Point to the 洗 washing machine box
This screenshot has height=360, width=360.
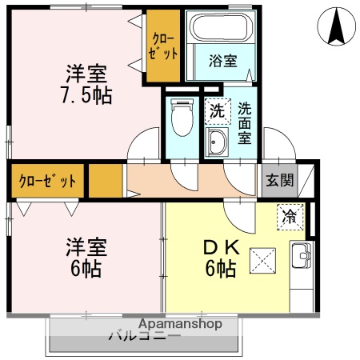[x=217, y=111]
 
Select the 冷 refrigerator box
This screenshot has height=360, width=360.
[x=290, y=216]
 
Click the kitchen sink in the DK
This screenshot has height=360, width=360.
[x=301, y=258]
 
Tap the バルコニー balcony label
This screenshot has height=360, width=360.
[x=144, y=337]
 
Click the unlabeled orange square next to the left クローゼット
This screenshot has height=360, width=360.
[x=105, y=181]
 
